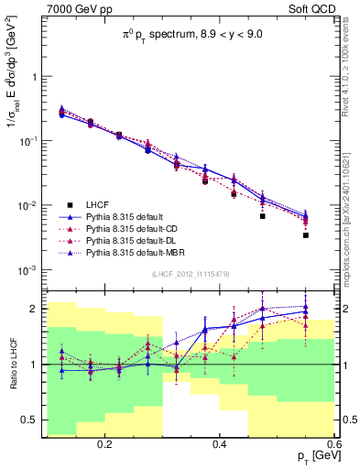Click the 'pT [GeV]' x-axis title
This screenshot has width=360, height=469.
[314, 455]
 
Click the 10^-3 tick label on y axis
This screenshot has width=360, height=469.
[30, 270]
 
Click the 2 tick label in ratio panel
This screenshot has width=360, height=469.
[35, 309]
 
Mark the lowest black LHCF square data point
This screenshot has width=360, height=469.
[306, 235]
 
